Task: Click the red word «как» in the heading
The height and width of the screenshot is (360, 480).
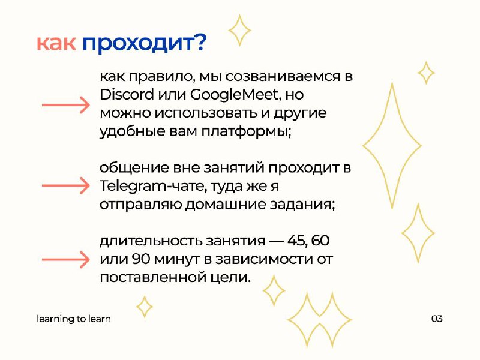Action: [56, 43]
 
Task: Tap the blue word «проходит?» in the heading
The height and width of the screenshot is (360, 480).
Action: [145, 44]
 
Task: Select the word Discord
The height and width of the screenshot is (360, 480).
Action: [127, 94]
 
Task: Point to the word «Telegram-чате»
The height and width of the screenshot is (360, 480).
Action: [151, 186]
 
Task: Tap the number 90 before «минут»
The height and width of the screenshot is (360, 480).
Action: [141, 259]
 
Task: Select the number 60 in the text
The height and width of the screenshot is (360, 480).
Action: [320, 241]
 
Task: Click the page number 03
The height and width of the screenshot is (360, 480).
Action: [437, 319]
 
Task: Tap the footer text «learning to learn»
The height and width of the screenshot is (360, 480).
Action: [74, 319]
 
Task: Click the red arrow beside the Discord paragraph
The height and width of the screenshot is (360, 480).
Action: [66, 105]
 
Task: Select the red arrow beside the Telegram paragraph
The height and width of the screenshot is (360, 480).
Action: [66, 185]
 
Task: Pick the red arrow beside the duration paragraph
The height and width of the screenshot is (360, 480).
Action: [66, 260]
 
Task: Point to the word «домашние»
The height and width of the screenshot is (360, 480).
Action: [226, 205]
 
